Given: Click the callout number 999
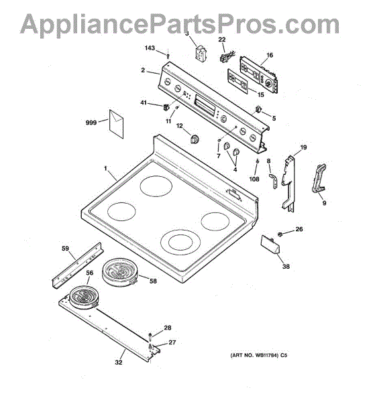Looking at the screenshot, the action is coord(91,123).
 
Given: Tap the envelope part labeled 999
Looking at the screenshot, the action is coord(116,124).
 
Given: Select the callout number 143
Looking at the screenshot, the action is coord(150,48).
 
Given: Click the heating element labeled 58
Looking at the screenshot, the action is coord(120,272).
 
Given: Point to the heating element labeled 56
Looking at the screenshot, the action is coord(84,298).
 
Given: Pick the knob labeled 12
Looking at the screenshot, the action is coord(195,139).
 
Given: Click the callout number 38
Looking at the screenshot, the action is coord(286,267).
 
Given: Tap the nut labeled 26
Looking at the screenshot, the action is coord(280,234).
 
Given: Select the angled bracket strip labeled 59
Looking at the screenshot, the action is coord(78,265).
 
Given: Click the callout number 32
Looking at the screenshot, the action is coord(119,362).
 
